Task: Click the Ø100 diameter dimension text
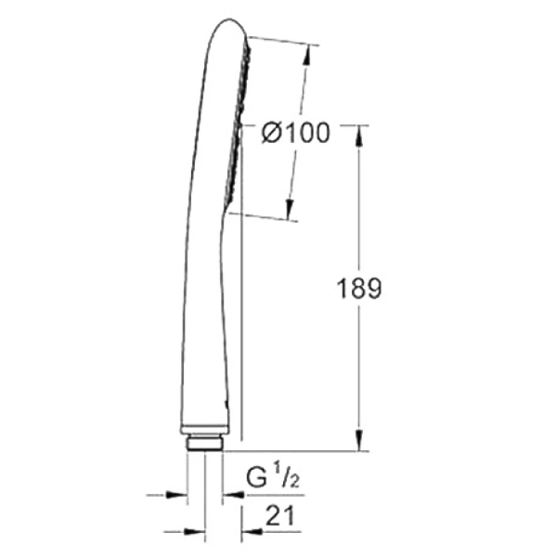coord(296,133)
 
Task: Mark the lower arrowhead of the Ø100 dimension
coord(290,211)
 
